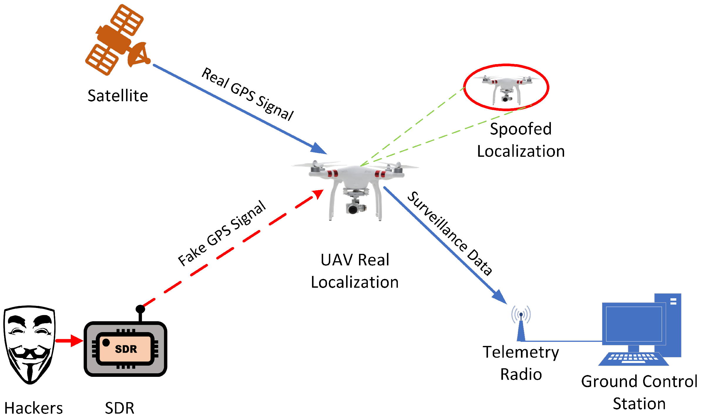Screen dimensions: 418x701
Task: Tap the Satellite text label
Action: (x=118, y=96)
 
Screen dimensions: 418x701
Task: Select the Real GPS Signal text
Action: (x=247, y=94)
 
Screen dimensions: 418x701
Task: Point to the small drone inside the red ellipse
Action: (x=506, y=88)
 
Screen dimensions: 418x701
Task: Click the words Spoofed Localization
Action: (x=521, y=140)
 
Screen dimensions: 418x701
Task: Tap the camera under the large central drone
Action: (x=354, y=208)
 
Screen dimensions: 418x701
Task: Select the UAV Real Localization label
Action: (x=355, y=271)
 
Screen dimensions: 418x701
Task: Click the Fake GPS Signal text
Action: (x=222, y=233)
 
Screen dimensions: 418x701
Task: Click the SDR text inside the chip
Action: (x=126, y=349)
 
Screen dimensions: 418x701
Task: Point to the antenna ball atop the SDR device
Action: (x=140, y=309)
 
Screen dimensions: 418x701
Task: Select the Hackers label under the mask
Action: (x=33, y=408)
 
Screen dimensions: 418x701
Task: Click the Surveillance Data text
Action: (x=450, y=233)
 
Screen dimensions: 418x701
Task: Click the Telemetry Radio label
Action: (x=521, y=363)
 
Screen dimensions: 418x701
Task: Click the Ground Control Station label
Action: (x=639, y=392)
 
